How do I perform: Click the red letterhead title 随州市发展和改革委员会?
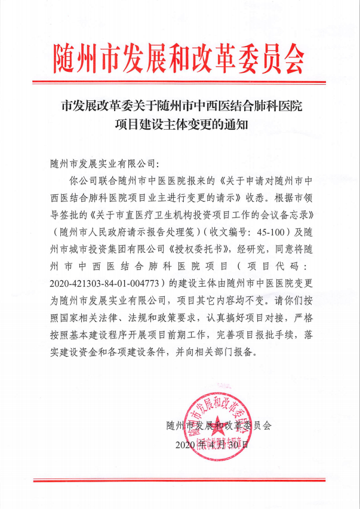tap(179, 58)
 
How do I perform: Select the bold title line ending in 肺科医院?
tap(180, 108)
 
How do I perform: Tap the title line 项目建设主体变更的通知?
tap(180, 125)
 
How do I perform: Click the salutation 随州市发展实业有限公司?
tap(102, 162)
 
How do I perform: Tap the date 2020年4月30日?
tap(212, 445)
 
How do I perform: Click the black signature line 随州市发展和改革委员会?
tap(219, 426)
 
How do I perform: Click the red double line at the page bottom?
tap(180, 479)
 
